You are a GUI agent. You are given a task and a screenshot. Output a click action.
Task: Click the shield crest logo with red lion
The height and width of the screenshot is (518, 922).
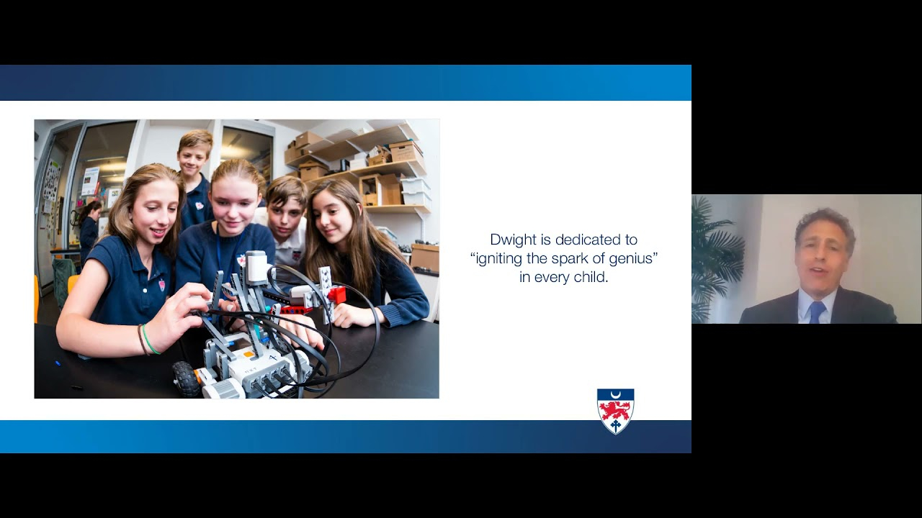pos(615,411)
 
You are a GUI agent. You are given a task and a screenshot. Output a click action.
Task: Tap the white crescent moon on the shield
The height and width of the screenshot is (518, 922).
pos(616,395)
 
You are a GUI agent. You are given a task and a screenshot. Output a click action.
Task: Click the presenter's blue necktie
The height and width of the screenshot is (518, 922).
pos(817,312)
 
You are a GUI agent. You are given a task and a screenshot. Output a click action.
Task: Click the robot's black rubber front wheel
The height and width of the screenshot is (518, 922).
pos(186,378)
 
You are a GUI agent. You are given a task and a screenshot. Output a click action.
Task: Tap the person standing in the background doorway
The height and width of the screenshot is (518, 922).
pos(89,230)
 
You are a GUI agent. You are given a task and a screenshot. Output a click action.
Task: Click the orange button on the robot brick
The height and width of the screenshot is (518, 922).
pos(249,353)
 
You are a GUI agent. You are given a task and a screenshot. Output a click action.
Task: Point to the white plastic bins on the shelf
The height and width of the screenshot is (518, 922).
pos(416,191)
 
